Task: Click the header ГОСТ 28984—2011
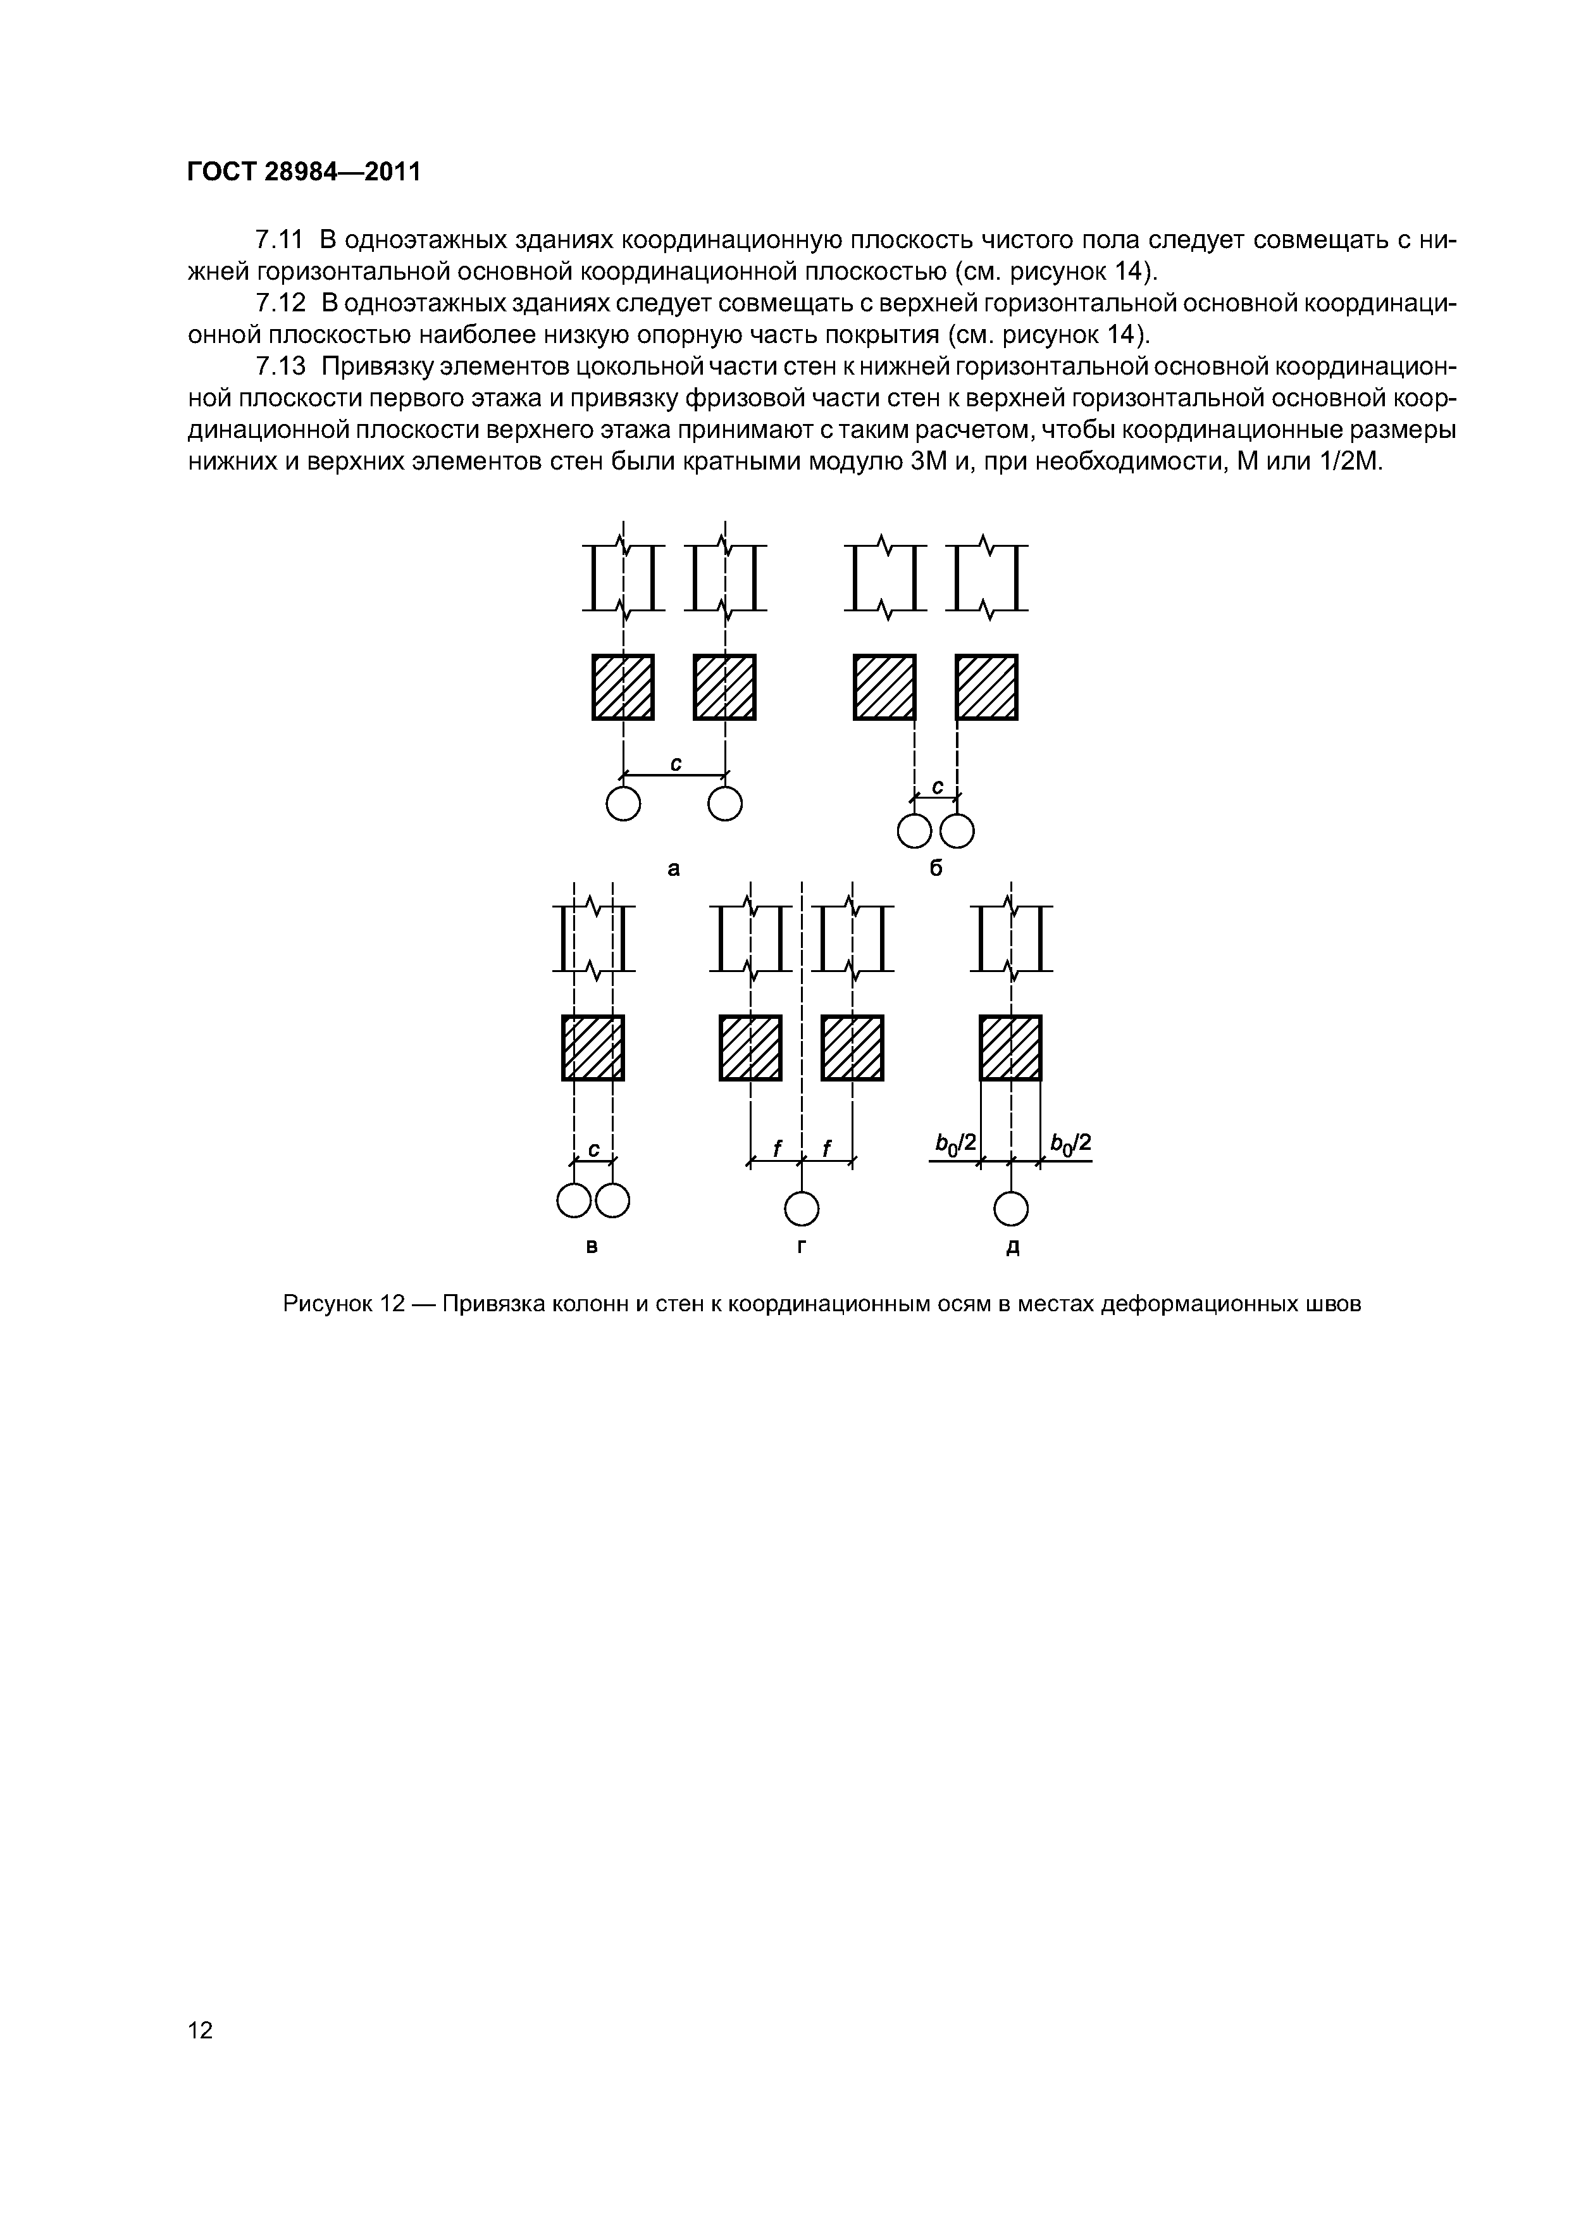point(304,172)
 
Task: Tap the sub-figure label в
point(593,1247)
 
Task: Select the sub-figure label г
point(802,1247)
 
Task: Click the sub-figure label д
point(1012,1248)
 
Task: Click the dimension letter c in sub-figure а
point(676,764)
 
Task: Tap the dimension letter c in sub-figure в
point(593,1149)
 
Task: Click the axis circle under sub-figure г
point(802,1209)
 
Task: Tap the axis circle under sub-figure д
point(1011,1209)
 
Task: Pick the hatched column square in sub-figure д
point(1011,1047)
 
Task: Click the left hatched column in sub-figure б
point(884,687)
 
